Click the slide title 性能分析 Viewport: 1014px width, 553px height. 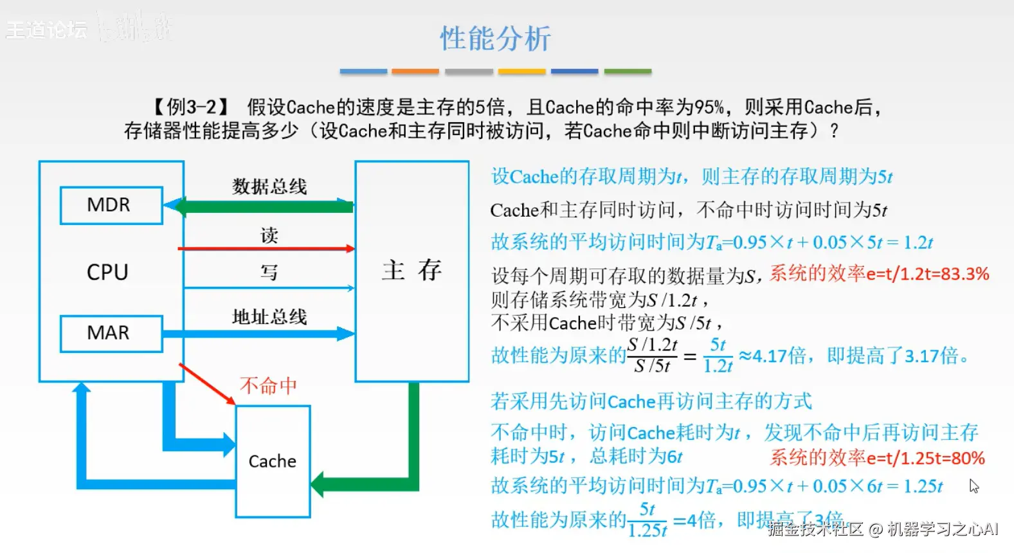[x=495, y=39]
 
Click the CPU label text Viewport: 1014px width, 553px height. [x=107, y=272]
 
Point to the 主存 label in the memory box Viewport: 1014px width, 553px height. [x=412, y=270]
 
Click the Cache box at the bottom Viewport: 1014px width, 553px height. [x=273, y=461]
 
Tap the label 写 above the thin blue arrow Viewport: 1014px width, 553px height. [x=269, y=273]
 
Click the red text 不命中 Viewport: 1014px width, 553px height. [x=268, y=386]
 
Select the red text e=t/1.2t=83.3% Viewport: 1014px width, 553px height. [x=927, y=274]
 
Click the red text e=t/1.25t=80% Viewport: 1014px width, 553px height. [x=925, y=458]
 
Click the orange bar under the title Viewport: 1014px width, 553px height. [x=415, y=71]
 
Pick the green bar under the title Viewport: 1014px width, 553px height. [x=628, y=71]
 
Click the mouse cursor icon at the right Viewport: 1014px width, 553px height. [x=974, y=486]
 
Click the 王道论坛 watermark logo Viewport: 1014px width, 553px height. [x=46, y=29]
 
